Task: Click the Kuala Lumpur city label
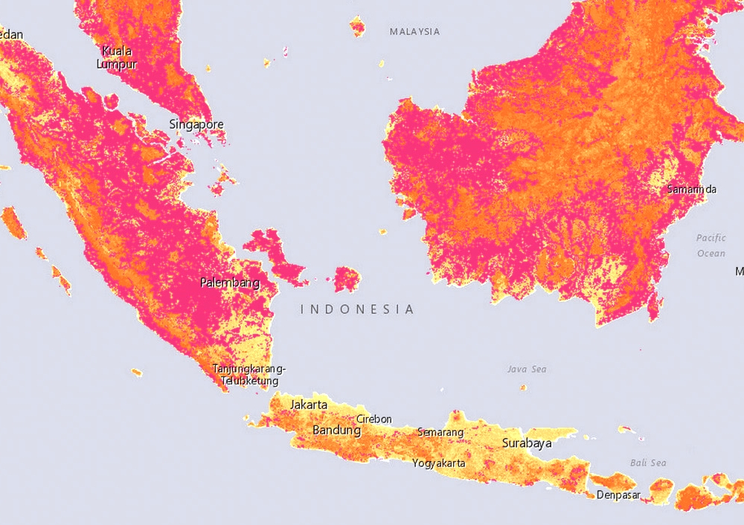click(x=117, y=57)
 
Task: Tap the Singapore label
click(x=196, y=124)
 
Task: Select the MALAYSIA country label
click(x=414, y=32)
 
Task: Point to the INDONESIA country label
click(x=357, y=309)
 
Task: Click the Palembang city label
click(x=230, y=283)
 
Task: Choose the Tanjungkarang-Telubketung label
click(x=249, y=375)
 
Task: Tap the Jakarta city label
click(x=309, y=405)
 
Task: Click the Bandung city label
click(x=336, y=430)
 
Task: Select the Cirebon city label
click(x=373, y=419)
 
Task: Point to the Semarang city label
click(x=440, y=432)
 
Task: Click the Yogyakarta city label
click(x=439, y=463)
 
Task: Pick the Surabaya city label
click(x=527, y=443)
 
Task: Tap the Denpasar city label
click(x=618, y=495)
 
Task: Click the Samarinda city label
click(x=692, y=189)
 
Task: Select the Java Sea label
click(x=527, y=369)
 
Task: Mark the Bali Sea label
click(x=647, y=463)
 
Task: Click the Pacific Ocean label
click(x=711, y=245)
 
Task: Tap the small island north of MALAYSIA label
click(x=358, y=27)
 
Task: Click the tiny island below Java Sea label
click(x=523, y=387)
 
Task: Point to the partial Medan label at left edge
click(x=11, y=34)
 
